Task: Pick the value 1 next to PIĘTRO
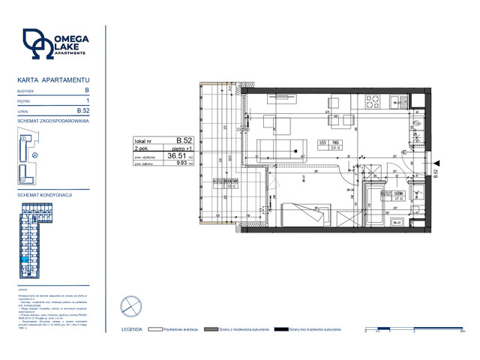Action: pyautogui.click(x=88, y=100)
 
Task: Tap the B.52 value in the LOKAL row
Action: pyautogui.click(x=83, y=110)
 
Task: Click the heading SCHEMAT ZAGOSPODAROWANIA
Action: pyautogui.click(x=52, y=120)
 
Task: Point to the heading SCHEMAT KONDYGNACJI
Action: pyautogui.click(x=44, y=194)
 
